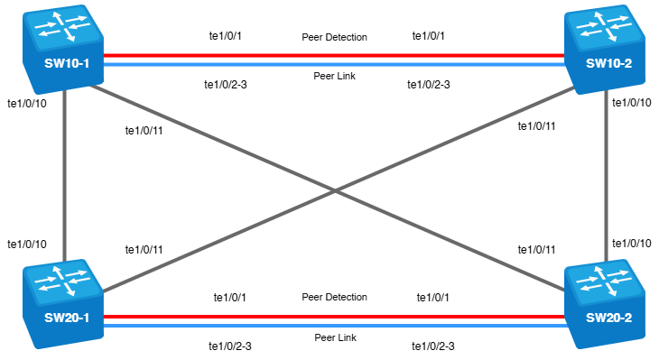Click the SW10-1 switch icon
tap(63, 49)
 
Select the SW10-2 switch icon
tap(605, 49)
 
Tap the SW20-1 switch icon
tap(63, 304)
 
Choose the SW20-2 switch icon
tap(605, 304)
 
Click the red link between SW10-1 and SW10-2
tap(334, 55)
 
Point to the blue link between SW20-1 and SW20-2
tap(334, 326)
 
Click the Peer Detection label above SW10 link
tap(335, 37)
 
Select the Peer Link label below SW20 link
tap(336, 337)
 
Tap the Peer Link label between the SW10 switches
tap(335, 76)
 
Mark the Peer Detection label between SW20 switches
tap(335, 297)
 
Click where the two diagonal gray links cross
tap(335, 191)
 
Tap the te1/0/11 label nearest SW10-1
tap(144, 131)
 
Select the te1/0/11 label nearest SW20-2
tap(536, 250)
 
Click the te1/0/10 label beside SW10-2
tap(632, 103)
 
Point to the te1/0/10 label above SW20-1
tap(27, 245)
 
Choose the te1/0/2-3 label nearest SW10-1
tap(226, 85)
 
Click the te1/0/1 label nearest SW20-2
tap(433, 298)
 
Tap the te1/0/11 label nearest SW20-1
tap(144, 250)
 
